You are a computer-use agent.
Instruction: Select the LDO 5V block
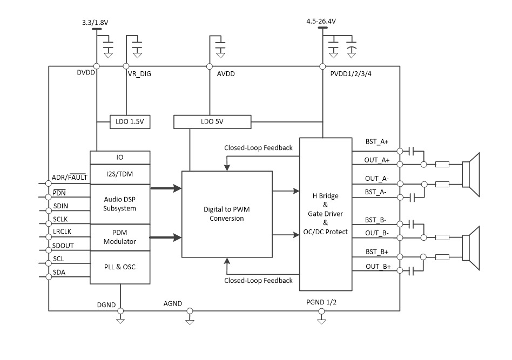tap(212, 122)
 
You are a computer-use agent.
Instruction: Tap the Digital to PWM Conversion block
tap(227, 214)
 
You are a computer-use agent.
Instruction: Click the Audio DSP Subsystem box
tap(119, 204)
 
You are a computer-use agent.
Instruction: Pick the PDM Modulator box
tap(119, 237)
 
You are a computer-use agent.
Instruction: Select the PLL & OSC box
tap(119, 267)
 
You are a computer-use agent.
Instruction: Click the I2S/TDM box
tap(119, 174)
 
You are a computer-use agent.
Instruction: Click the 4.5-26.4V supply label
tap(321, 22)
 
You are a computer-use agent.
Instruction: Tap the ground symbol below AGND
tap(190, 321)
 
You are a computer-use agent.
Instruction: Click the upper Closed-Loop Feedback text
tap(258, 148)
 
